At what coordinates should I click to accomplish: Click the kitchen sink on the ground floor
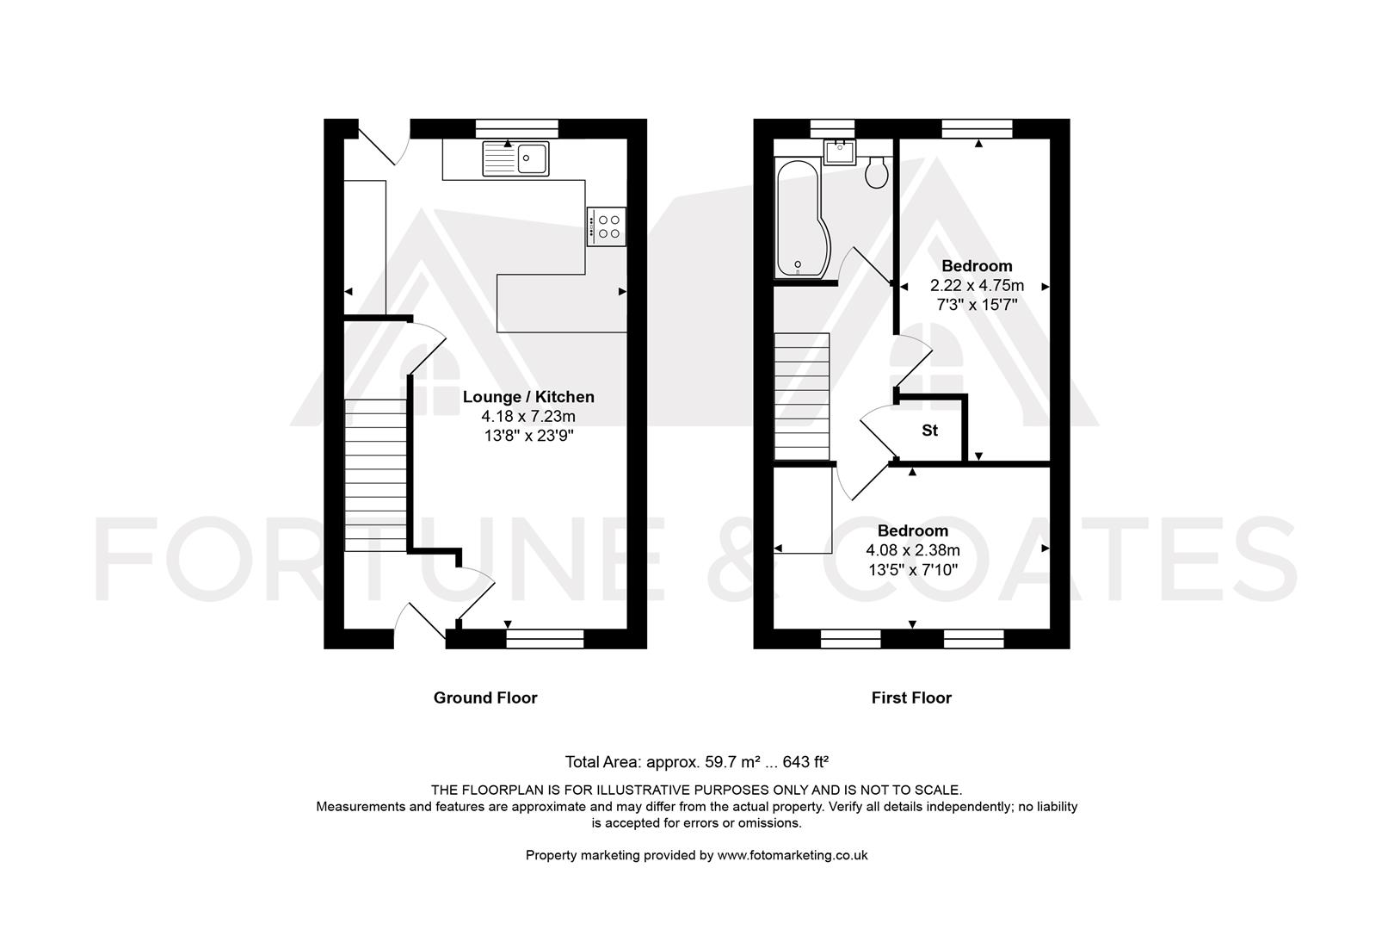tap(516, 158)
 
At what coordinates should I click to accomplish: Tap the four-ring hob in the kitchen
tap(607, 226)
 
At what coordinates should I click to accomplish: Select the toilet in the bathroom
tap(877, 172)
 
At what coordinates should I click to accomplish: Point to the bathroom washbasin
tap(839, 153)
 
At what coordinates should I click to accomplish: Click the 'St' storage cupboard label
tap(929, 431)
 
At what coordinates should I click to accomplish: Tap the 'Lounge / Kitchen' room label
tap(528, 397)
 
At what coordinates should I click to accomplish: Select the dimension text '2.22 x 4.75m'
tap(977, 285)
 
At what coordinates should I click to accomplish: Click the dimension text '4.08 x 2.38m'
tap(912, 549)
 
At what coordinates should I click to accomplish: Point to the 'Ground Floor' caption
tap(485, 697)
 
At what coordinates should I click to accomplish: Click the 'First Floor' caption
tap(911, 697)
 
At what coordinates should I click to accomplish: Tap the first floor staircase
tap(801, 396)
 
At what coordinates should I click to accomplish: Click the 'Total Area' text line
tap(696, 761)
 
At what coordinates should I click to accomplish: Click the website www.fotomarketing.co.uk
tap(792, 855)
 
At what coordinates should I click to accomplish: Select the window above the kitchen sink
tap(517, 128)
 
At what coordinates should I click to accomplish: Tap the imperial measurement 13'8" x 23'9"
tap(528, 436)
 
